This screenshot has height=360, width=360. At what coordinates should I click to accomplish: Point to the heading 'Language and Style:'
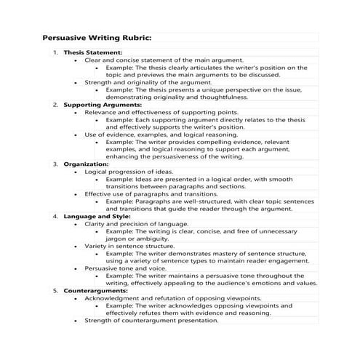pyautogui.click(x=97, y=216)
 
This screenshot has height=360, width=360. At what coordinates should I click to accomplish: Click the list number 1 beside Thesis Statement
pyautogui.click(x=55, y=53)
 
